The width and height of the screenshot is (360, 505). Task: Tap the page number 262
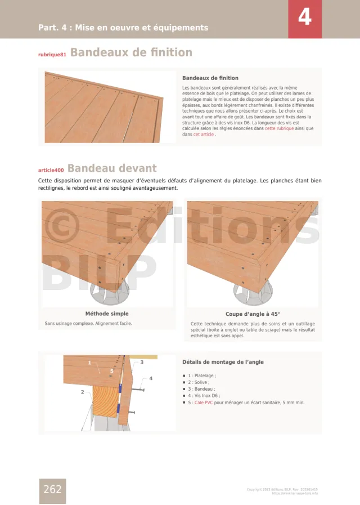[52, 489]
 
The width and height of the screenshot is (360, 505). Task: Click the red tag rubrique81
[52, 55]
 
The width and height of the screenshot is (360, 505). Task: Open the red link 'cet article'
[203, 135]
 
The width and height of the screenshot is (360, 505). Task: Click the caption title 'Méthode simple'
[107, 314]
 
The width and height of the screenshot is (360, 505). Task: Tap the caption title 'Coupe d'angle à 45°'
[253, 314]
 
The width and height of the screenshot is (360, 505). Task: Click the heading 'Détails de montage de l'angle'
[223, 362]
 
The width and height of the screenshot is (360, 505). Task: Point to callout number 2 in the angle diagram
[82, 392]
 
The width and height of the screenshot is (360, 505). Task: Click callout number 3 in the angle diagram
[142, 362]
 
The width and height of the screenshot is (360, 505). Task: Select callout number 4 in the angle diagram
[151, 378]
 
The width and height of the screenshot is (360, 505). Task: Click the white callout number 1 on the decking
[89, 363]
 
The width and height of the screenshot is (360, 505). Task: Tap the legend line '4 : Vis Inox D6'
[204, 396]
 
